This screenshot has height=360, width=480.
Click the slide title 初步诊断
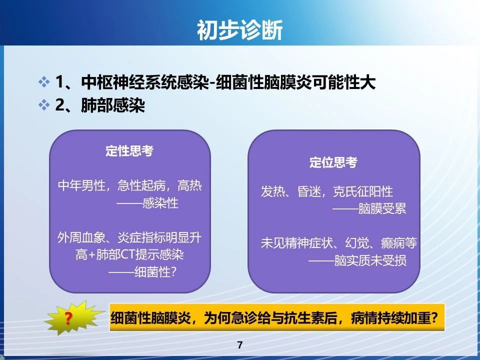(239, 30)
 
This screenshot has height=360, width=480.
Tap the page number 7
(239, 345)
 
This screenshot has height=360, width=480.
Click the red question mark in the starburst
(68, 318)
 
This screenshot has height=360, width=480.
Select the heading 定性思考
(129, 150)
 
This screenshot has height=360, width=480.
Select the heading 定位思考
(333, 162)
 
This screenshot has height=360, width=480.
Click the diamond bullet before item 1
(44, 82)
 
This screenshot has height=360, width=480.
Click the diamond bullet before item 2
(44, 105)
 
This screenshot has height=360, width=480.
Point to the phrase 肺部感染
(113, 105)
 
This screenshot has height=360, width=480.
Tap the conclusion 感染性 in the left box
(160, 202)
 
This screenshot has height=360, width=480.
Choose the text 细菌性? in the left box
(155, 271)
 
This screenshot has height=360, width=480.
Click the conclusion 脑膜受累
(382, 208)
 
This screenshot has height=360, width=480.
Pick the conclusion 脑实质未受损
(370, 260)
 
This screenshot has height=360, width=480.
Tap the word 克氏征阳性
(363, 191)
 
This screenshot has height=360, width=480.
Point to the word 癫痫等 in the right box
(399, 243)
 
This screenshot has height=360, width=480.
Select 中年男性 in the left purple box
(81, 185)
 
